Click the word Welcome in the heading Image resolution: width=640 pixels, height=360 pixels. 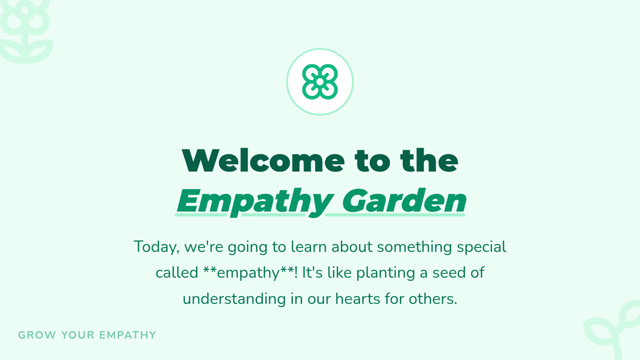point(263,161)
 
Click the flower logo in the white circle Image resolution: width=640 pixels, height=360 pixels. point(320,82)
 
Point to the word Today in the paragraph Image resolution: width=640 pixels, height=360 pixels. point(157,247)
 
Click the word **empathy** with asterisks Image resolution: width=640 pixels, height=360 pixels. point(249,273)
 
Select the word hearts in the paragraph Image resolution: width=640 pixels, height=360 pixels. point(358,299)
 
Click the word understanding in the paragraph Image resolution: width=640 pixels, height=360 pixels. point(234,299)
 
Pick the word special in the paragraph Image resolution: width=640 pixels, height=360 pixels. point(482,247)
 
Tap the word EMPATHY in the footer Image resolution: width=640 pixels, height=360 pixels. point(127,335)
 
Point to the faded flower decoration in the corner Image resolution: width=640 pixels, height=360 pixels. point(26,31)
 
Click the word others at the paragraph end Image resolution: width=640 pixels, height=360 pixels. point(433,299)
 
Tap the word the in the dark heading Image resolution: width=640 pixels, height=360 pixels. point(429,161)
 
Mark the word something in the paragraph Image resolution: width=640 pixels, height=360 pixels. point(414,247)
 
